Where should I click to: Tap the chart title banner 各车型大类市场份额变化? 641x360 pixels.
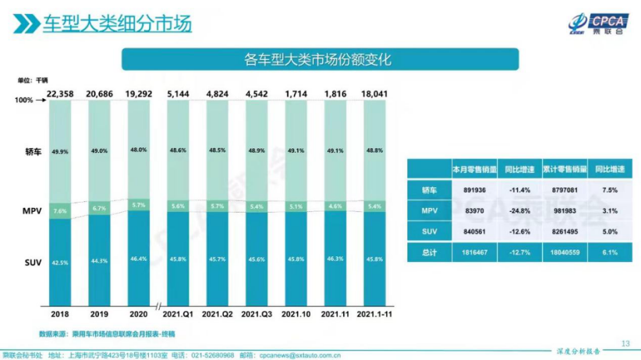pos(320,59)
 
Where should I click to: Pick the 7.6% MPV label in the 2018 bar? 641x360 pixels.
pos(61,210)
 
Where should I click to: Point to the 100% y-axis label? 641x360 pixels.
pos(23,101)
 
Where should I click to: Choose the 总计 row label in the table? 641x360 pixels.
pos(429,252)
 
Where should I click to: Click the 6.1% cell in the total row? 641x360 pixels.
pos(610,252)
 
